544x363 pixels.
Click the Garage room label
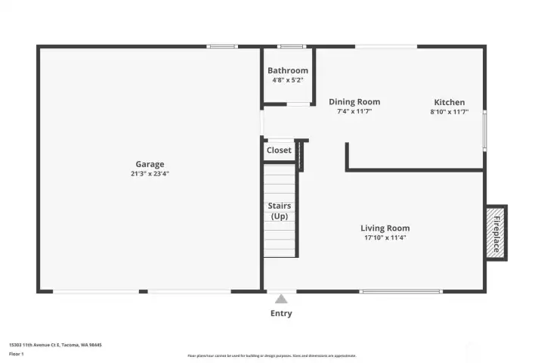[150, 164]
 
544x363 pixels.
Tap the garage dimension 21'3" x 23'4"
[150, 174]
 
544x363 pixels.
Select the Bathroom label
[288, 70]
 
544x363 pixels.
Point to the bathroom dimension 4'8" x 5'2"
[288, 79]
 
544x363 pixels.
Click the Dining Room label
[354, 102]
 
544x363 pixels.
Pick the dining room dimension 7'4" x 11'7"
[354, 111]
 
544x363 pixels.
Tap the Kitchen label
[449, 102]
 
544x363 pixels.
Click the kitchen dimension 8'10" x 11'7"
[449, 112]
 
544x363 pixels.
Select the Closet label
[279, 150]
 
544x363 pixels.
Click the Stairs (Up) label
[280, 211]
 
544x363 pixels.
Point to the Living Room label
[385, 228]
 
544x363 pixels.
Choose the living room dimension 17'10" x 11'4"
[385, 238]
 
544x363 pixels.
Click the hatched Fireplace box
[496, 233]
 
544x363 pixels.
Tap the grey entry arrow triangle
[281, 299]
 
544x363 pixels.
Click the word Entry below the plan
[281, 313]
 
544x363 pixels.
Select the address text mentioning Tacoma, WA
[55, 344]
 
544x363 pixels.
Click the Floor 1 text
[16, 353]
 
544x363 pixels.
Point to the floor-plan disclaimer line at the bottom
[272, 355]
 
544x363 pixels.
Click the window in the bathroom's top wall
[287, 47]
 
